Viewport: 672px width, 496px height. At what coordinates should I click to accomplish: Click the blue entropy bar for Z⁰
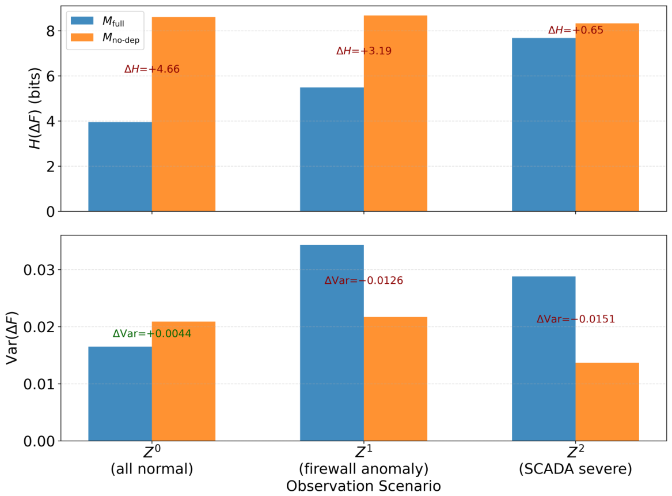(x=120, y=167)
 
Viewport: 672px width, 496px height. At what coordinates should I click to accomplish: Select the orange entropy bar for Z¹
(x=396, y=113)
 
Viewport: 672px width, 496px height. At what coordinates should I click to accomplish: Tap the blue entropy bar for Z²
(x=544, y=125)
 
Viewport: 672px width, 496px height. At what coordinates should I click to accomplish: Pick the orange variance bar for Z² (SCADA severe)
(x=608, y=401)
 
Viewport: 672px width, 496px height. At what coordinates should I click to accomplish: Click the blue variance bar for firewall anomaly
(x=332, y=343)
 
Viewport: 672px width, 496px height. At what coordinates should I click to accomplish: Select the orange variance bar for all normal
(x=184, y=381)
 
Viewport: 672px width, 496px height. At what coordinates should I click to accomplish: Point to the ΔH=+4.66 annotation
(x=151, y=69)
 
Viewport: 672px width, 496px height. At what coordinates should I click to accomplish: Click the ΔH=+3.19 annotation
(x=364, y=51)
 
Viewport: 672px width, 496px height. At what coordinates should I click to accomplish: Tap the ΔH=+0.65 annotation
(x=576, y=30)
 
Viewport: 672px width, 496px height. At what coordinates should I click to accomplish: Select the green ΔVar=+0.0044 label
(x=152, y=333)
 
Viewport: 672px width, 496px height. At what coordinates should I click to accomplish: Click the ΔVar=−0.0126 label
(x=364, y=281)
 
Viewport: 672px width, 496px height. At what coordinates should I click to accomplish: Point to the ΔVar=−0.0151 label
(x=576, y=319)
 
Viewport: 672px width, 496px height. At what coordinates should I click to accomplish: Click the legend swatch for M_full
(x=82, y=21)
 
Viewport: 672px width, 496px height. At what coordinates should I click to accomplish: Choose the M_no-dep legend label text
(x=121, y=38)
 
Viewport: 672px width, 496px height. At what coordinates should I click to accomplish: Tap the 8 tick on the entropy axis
(x=51, y=31)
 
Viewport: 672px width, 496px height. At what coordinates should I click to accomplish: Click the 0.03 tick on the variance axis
(x=39, y=270)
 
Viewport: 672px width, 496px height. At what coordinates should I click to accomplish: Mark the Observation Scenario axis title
(x=363, y=486)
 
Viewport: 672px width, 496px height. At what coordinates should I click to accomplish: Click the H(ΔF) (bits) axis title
(x=35, y=108)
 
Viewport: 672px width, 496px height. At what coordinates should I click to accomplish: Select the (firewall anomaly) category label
(x=363, y=468)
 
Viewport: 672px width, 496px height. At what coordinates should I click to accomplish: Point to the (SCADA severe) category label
(x=576, y=468)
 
